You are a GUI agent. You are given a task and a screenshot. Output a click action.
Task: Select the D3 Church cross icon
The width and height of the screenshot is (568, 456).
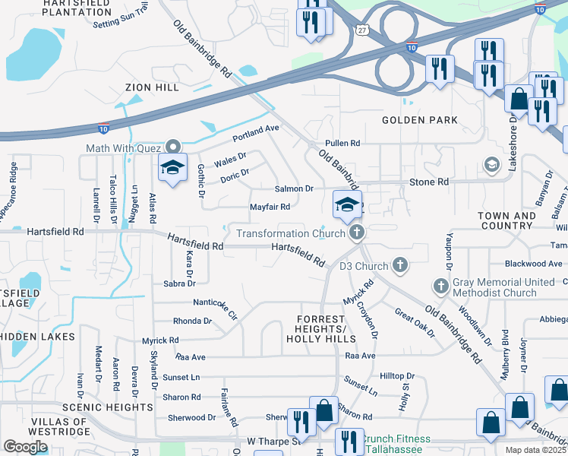[x=401, y=266]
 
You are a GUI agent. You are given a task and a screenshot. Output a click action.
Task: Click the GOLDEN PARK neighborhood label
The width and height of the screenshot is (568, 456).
[x=420, y=120]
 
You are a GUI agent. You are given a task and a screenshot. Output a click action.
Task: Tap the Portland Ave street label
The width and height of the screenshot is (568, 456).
[x=256, y=133]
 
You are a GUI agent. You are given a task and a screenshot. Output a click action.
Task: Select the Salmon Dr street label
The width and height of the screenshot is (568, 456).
[x=294, y=188]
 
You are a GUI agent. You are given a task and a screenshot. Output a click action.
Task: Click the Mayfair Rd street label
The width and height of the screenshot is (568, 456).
[x=270, y=207]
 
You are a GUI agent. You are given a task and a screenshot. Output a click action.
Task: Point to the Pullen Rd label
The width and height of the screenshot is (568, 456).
[x=342, y=143]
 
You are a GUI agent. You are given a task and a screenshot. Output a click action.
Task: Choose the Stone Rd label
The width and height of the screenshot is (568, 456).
[x=429, y=182]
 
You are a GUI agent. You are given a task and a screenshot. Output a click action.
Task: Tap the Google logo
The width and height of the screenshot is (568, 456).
[x=25, y=447]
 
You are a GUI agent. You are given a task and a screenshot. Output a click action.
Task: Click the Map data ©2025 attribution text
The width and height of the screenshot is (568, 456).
[x=536, y=450]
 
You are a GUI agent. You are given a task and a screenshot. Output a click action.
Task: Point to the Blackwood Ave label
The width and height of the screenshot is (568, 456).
[x=536, y=264]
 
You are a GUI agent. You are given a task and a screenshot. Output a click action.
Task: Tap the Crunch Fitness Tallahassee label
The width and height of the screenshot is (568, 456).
[x=395, y=444]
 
